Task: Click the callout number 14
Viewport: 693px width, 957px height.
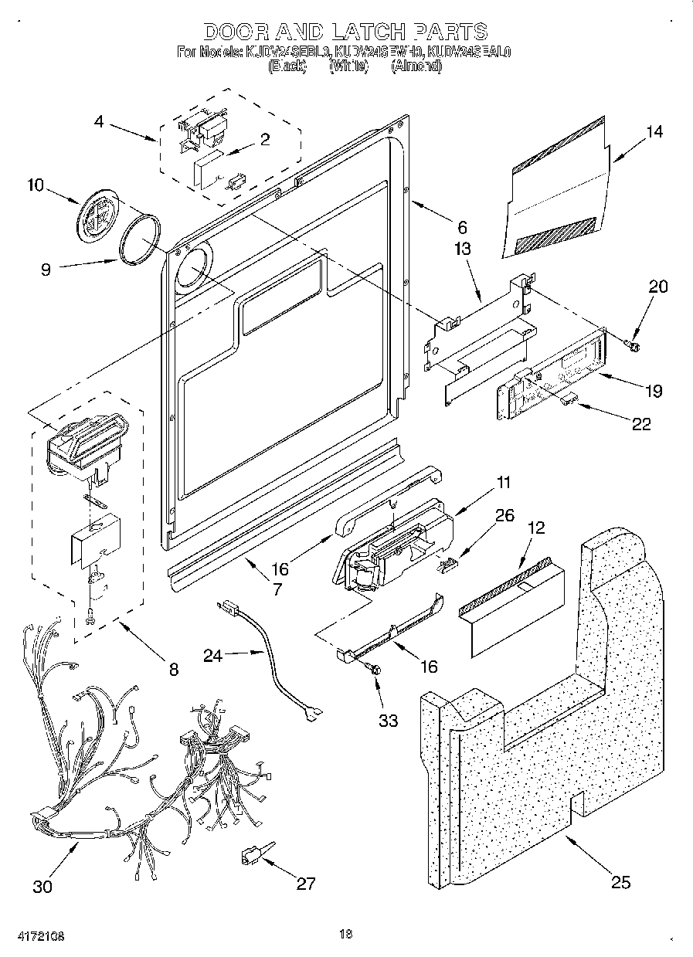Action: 654,132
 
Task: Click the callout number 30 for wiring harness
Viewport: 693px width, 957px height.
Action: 43,886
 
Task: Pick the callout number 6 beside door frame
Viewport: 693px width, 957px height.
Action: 462,227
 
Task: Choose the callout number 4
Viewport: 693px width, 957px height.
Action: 100,121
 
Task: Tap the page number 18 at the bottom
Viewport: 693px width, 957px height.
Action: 345,934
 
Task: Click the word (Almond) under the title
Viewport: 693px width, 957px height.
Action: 416,66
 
